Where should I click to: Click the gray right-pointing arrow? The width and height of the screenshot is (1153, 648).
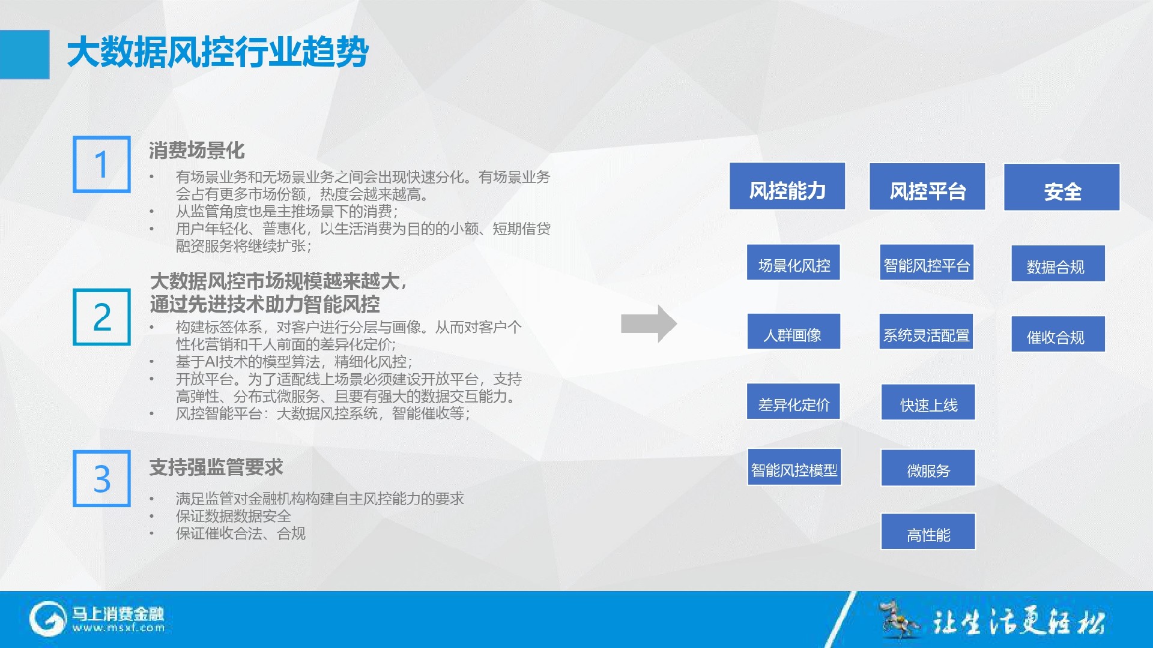[649, 324]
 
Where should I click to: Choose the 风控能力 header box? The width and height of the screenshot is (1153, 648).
[787, 186]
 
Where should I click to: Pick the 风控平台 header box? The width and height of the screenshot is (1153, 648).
[927, 187]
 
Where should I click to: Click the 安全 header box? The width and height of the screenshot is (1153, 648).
[1062, 187]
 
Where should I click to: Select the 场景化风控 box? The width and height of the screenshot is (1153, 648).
[793, 262]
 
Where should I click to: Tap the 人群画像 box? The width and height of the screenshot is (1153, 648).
[793, 331]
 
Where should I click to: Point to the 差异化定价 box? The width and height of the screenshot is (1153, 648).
[793, 401]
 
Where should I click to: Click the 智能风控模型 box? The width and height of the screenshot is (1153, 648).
[794, 467]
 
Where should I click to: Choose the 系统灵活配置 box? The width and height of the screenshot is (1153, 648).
[927, 331]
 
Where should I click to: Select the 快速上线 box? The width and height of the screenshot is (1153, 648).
[928, 402]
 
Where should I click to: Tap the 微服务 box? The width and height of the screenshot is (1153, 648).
[928, 467]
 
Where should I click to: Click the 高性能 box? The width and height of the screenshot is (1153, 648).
[928, 532]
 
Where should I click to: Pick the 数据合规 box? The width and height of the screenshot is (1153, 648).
[1058, 263]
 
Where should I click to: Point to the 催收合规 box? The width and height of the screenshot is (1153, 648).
[1058, 334]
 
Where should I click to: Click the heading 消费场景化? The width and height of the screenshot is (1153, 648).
[197, 150]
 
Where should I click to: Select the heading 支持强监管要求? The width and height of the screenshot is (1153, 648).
[216, 467]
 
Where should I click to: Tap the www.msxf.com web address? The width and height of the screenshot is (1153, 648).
[118, 628]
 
